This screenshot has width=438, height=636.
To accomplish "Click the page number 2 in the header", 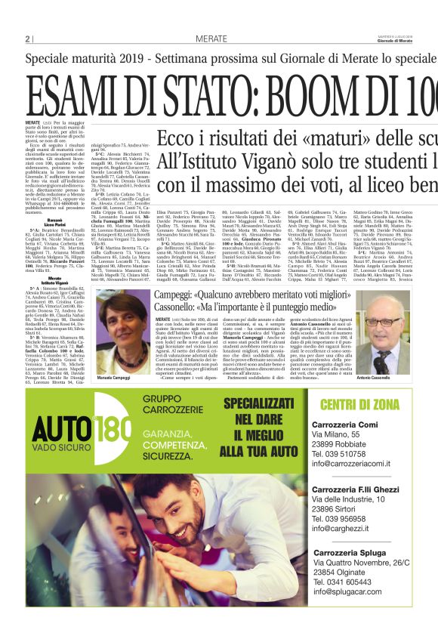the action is tap(28, 39).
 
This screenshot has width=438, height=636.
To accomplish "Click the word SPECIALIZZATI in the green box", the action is tap(262, 403).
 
